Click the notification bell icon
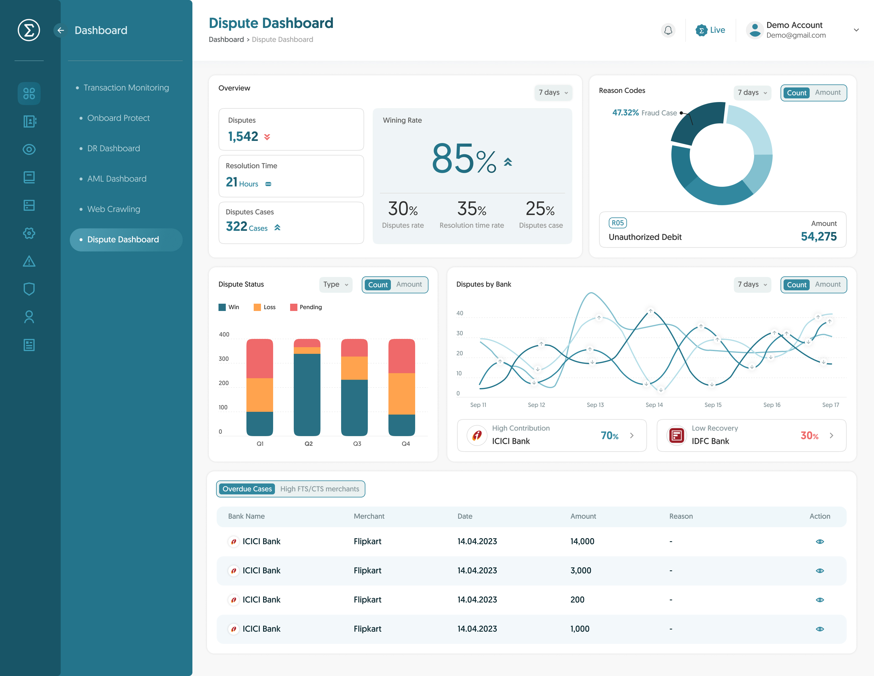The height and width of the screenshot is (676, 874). click(x=668, y=30)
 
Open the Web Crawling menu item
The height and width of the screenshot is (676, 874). click(x=114, y=209)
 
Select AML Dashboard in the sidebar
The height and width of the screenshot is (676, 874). click(x=117, y=179)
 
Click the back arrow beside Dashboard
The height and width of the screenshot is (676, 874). click(x=60, y=30)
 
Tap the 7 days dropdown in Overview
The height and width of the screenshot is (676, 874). click(x=553, y=93)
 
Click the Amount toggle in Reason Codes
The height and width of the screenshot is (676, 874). click(x=828, y=93)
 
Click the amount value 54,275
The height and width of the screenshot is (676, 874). click(x=818, y=237)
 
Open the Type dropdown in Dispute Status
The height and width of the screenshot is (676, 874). click(x=335, y=284)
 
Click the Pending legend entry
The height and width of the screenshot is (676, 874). click(x=306, y=307)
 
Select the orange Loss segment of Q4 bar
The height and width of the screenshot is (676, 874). click(x=401, y=394)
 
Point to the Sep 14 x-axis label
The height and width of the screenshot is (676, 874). click(x=654, y=405)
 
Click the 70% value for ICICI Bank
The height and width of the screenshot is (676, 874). click(x=609, y=436)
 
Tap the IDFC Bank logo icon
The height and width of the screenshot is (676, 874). click(x=677, y=435)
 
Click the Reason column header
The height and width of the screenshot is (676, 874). click(x=681, y=516)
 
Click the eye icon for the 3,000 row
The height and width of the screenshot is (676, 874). click(x=820, y=571)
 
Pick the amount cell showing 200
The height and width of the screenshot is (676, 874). click(x=577, y=599)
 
